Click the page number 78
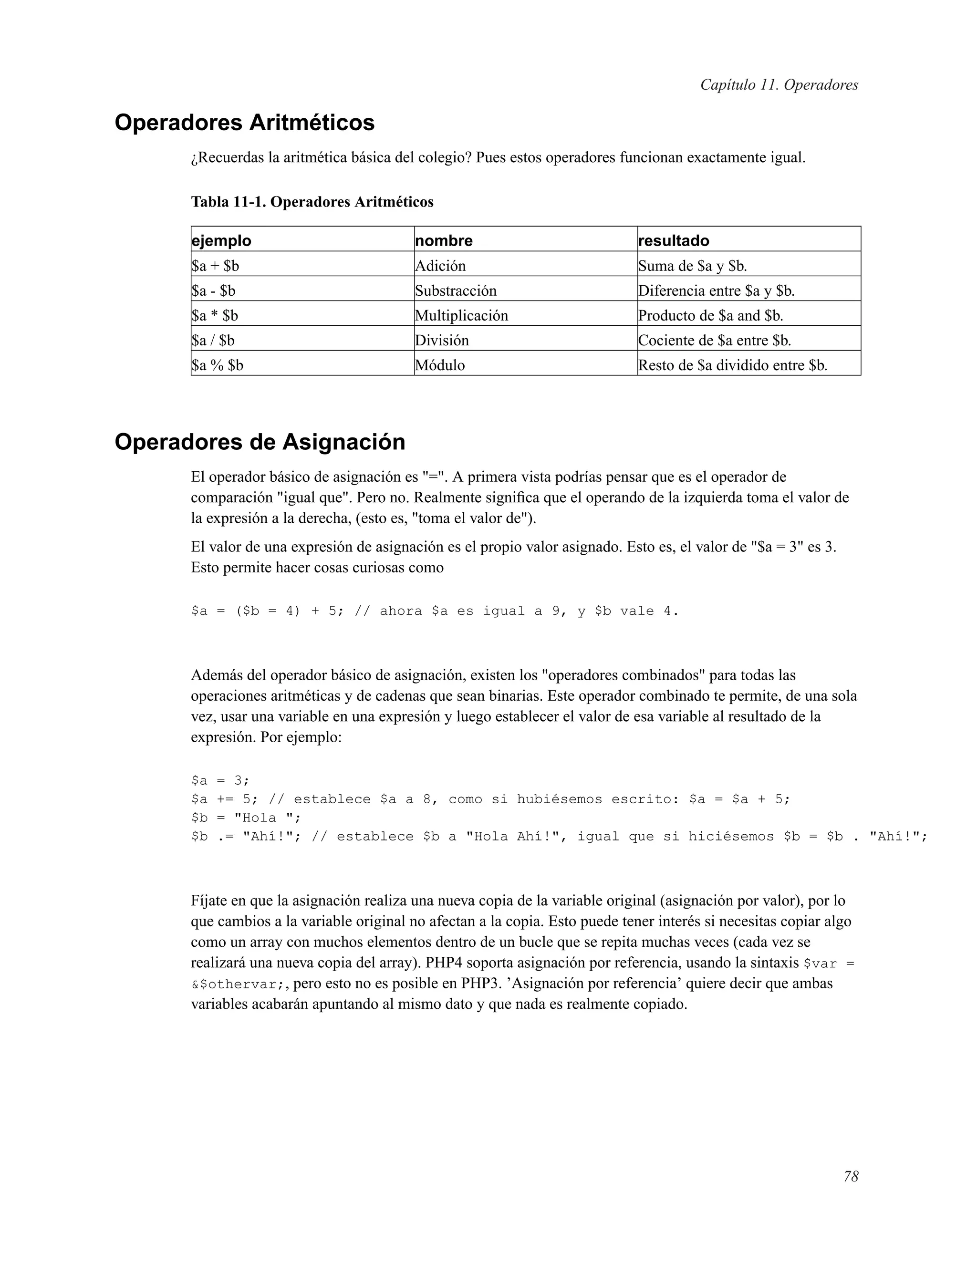[850, 1177]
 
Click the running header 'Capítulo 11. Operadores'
[779, 85]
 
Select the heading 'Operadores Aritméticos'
[244, 123]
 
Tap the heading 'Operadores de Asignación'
[260, 442]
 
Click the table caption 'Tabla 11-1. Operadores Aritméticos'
[312, 202]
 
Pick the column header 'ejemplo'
[222, 241]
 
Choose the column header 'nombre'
[444, 241]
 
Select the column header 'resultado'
[673, 241]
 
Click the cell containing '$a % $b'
[218, 365]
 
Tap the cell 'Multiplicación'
[461, 315]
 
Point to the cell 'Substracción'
[456, 290]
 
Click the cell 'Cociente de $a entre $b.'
[714, 340]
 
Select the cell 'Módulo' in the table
[440, 365]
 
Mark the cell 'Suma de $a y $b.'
[692, 266]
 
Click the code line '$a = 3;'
[220, 780]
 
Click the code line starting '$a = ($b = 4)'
[434, 611]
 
